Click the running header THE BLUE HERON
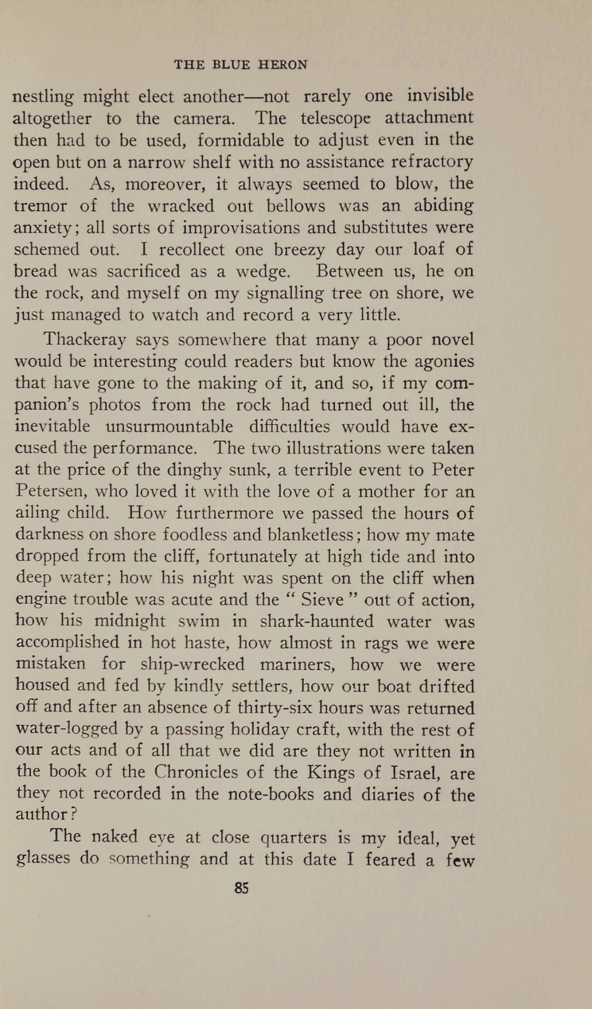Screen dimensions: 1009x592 click(x=241, y=65)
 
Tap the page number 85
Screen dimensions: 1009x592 click(x=241, y=888)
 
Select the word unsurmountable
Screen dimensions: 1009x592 click(x=169, y=426)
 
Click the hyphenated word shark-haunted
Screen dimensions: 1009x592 click(x=317, y=621)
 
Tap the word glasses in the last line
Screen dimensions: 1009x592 click(x=43, y=859)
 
